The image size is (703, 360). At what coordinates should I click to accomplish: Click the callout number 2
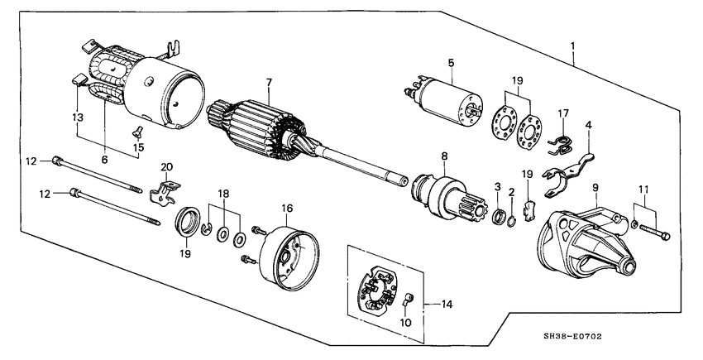(514, 192)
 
